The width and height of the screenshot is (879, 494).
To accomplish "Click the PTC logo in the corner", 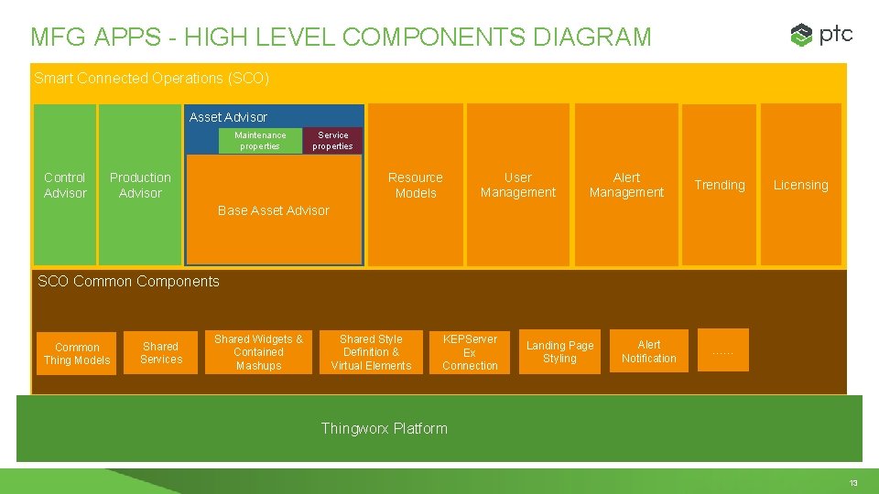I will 821,35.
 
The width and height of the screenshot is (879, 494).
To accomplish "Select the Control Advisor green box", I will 65,185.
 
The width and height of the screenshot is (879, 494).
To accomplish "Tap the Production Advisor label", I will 140,185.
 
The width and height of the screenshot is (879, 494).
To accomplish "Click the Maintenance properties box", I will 260,141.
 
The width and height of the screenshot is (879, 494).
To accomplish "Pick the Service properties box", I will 332,141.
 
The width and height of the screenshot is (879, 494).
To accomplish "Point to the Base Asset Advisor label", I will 273,210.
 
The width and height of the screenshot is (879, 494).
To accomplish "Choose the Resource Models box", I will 415,185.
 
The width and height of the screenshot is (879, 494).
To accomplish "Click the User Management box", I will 517,185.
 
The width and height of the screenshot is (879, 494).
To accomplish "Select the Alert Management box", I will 626,185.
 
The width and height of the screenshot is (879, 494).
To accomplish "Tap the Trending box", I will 720,185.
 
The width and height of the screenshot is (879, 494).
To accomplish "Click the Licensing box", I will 800,185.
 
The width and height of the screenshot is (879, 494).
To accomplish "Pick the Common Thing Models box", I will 77,353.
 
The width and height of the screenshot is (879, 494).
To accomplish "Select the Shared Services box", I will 161,352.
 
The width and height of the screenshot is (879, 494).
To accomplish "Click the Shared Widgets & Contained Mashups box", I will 258,352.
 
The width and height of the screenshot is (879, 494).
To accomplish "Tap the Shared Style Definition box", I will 371,352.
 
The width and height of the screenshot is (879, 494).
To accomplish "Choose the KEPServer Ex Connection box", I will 470,352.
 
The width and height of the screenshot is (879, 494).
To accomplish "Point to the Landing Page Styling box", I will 559,352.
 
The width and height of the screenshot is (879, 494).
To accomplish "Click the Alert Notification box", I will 648,351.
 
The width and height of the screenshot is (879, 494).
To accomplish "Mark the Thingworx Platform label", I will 384,428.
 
